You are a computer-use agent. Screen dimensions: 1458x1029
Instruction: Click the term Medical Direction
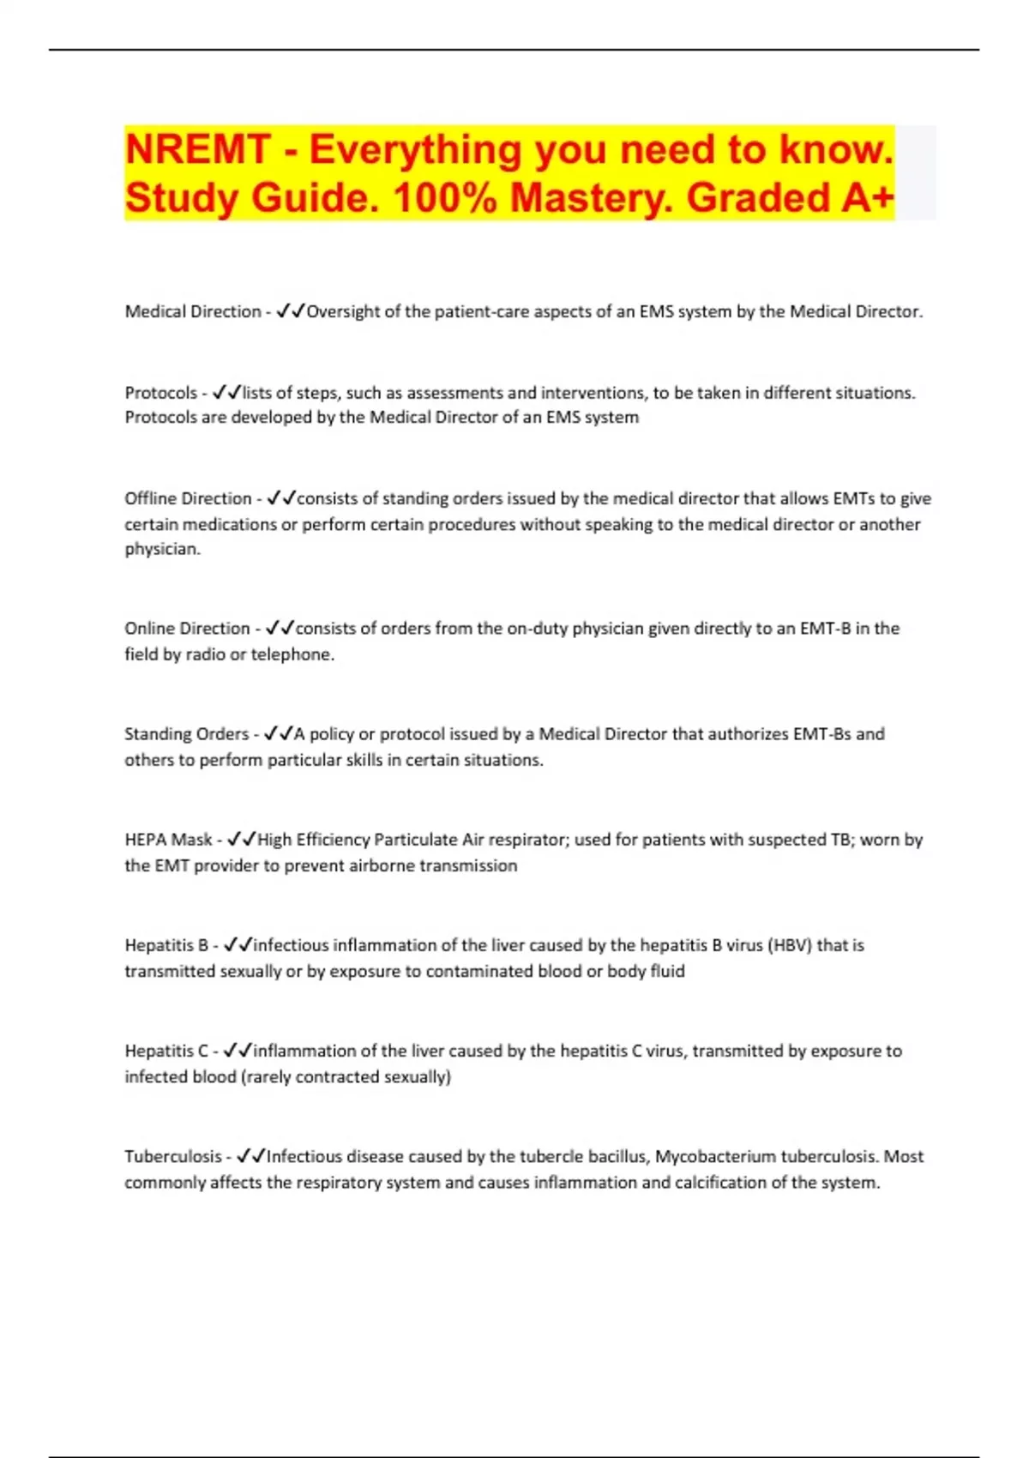pyautogui.click(x=193, y=311)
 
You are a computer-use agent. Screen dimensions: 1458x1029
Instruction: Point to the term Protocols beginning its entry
pyautogui.click(x=161, y=393)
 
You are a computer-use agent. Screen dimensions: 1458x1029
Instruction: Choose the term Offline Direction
pyautogui.click(x=188, y=498)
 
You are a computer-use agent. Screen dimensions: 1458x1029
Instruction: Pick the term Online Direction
pyautogui.click(x=187, y=628)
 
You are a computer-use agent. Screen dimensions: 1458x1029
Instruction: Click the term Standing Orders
pyautogui.click(x=186, y=734)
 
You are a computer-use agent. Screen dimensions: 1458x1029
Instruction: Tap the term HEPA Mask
pyautogui.click(x=168, y=840)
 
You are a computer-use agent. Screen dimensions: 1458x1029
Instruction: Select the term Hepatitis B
pyautogui.click(x=166, y=945)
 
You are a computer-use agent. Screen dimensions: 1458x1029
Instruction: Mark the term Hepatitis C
pyautogui.click(x=166, y=1051)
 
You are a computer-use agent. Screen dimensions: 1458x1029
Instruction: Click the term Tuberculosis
pyautogui.click(x=172, y=1156)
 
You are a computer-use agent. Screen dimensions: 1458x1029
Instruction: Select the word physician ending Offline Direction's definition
pyautogui.click(x=161, y=549)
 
